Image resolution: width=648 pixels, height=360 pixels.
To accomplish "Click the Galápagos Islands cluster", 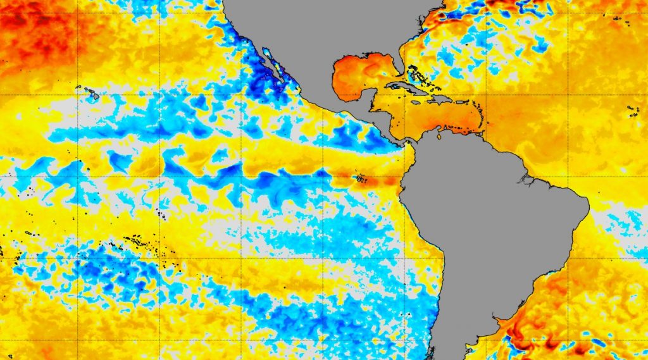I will coord(360,178).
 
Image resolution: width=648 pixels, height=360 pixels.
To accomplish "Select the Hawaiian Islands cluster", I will coord(89,93).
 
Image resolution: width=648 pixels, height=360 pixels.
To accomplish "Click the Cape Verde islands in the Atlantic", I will coord(633,111).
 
